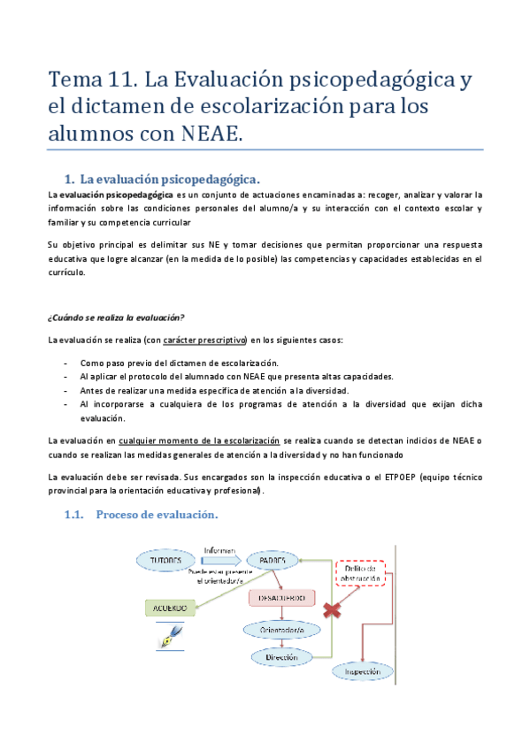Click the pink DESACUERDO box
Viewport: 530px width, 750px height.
(281, 599)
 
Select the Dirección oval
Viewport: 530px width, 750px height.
(281, 657)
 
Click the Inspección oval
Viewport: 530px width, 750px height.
(364, 672)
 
